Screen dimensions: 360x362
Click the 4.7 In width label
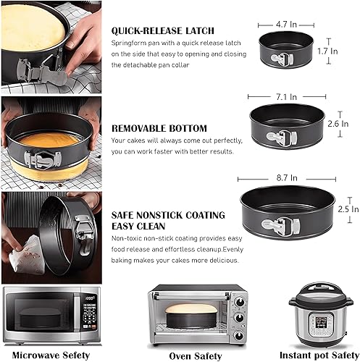pos(286,25)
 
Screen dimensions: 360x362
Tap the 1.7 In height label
pos(327,51)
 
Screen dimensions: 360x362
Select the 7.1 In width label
pos(286,97)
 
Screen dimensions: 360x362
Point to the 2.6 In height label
pos(338,124)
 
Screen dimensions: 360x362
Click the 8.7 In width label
pos(287,178)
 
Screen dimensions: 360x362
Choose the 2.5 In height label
pos(348,209)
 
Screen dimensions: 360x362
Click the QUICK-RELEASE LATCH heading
pos(163,30)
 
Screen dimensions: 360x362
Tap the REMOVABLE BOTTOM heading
pos(159,128)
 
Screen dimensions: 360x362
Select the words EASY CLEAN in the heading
pos(138,226)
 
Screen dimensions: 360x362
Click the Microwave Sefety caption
pos(51,355)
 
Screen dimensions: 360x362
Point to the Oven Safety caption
pos(196,356)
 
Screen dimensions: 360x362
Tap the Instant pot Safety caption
pos(319,355)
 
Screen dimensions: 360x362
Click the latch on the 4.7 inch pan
pos(282,59)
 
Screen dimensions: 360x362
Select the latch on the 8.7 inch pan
pos(280,225)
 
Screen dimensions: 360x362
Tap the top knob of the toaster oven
pos(239,303)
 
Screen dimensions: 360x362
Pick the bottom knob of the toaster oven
pos(239,336)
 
